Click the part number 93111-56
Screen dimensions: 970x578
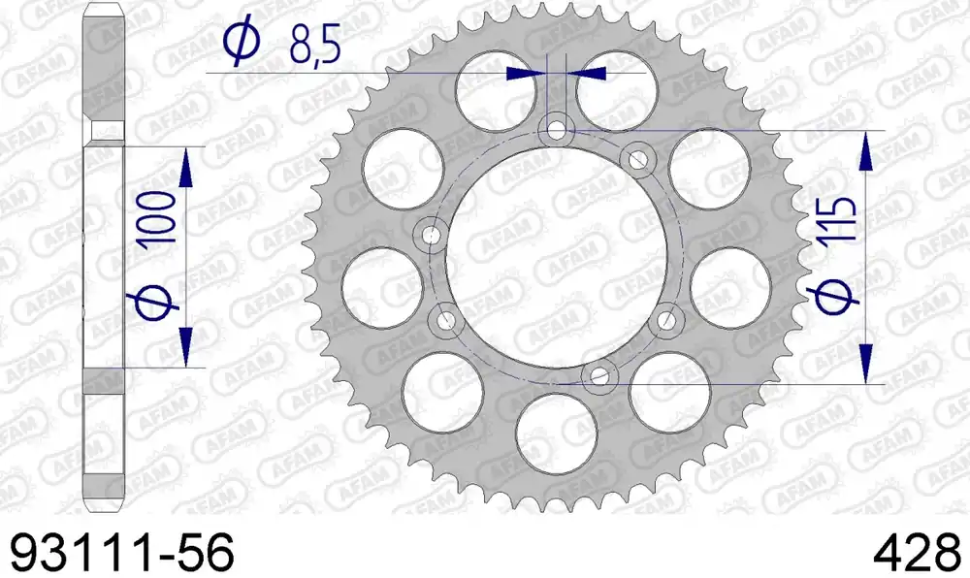pyautogui.click(x=123, y=552)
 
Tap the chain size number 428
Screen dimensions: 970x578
pyautogui.click(x=918, y=552)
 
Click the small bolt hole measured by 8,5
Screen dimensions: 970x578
pyautogui.click(x=556, y=130)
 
